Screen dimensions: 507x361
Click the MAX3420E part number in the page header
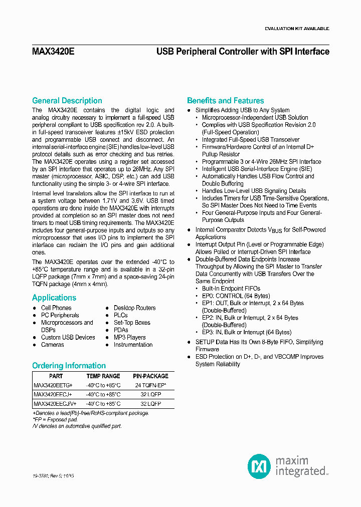click(x=53, y=52)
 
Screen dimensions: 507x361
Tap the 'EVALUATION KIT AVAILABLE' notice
click(x=296, y=29)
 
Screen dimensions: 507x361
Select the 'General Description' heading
click(x=67, y=101)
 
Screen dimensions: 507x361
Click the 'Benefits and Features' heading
click(x=225, y=101)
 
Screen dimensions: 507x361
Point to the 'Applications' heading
click(x=54, y=298)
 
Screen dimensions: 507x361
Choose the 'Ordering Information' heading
click(x=69, y=366)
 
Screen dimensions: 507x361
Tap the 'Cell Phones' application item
click(x=56, y=308)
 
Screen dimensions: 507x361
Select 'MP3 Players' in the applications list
click(x=129, y=338)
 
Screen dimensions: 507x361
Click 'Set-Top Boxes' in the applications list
click(x=132, y=323)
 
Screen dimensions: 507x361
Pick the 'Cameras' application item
click(x=52, y=345)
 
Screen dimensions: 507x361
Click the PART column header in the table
click(x=56, y=376)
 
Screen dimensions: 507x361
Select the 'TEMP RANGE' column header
click(x=103, y=376)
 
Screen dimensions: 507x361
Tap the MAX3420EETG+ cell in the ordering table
click(x=53, y=385)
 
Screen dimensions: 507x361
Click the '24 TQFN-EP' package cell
click(x=150, y=385)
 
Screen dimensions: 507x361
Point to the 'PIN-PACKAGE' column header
click(x=150, y=376)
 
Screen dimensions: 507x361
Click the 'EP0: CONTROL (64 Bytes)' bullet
click(x=237, y=296)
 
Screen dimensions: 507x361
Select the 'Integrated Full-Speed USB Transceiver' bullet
click(x=251, y=140)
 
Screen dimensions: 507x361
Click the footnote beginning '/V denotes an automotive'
click(x=77, y=426)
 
